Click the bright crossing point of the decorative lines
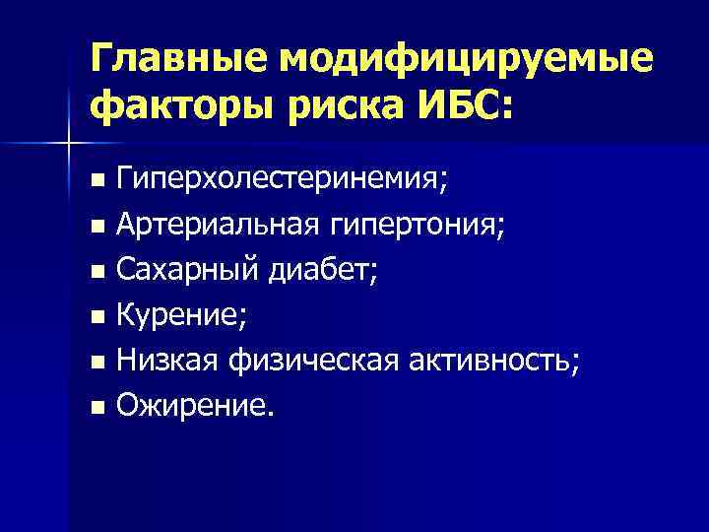pyautogui.click(x=68, y=144)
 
